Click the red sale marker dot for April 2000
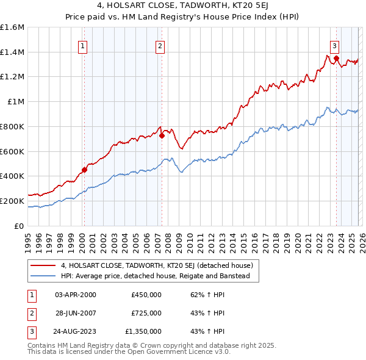tap(84, 170)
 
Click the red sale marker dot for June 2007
tap(162, 135)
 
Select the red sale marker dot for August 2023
tap(336, 58)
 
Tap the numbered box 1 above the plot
tap(82, 45)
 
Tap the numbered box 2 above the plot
tap(160, 45)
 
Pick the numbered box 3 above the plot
tap(335, 45)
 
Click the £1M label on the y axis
tap(16, 102)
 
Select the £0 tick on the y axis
tap(20, 226)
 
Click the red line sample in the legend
tap(43, 265)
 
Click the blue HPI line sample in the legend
tap(43, 276)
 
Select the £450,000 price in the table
tap(146, 294)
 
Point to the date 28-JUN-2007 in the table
tap(75, 313)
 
